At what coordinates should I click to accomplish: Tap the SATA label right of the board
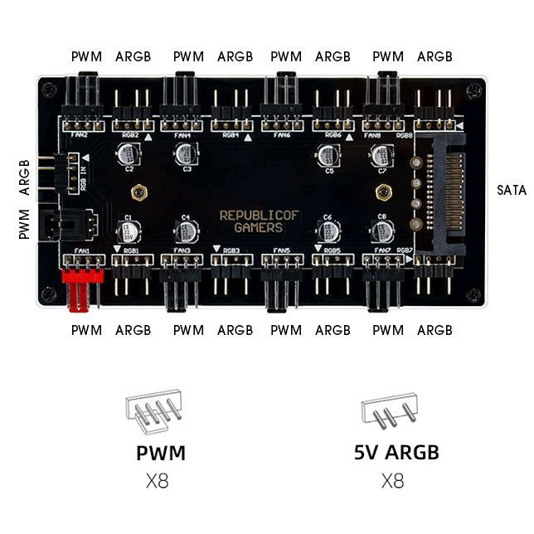click(512, 190)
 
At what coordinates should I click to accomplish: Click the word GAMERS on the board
click(258, 228)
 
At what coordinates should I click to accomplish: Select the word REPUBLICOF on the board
click(259, 215)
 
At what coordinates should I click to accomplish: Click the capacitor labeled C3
click(185, 154)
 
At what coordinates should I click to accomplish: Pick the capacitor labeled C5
click(328, 155)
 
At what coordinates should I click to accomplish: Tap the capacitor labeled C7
click(381, 154)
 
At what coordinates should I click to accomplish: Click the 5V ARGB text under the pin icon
click(396, 453)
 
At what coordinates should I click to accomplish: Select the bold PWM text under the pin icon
click(161, 453)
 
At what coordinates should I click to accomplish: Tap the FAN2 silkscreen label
click(79, 134)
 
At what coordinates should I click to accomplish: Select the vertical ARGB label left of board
click(24, 177)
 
